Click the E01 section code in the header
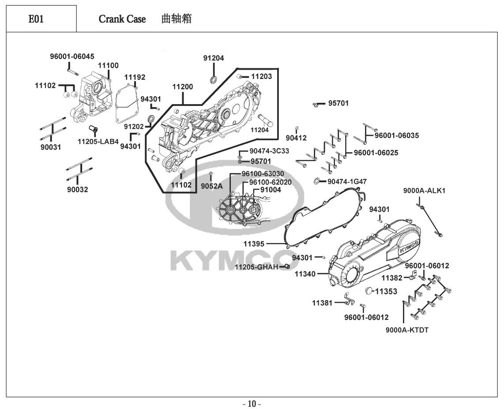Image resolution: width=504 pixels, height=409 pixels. tap(36, 19)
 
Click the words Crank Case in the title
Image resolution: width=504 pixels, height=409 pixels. tap(122, 19)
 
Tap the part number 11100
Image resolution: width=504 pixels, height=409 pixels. tap(108, 65)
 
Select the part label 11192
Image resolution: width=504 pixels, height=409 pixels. tap(135, 77)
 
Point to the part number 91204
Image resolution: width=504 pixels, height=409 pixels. tap(214, 58)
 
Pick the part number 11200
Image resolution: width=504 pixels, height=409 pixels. tap(182, 87)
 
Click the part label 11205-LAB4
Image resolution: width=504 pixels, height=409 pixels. tap(98, 141)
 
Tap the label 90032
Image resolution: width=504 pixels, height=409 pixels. tap(78, 190)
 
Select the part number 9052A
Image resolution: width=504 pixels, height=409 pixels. tap(212, 186)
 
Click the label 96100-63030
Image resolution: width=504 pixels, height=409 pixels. tap(263, 174)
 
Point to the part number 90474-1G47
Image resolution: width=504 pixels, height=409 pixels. tap(347, 181)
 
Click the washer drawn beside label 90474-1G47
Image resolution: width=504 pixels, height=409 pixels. tap(317, 181)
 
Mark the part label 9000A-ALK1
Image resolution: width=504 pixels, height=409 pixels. tap(424, 191)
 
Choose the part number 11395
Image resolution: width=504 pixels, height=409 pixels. tap(253, 243)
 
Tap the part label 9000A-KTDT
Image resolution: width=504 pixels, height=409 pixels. tap(407, 330)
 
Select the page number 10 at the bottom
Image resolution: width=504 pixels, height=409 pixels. tap(252, 403)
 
